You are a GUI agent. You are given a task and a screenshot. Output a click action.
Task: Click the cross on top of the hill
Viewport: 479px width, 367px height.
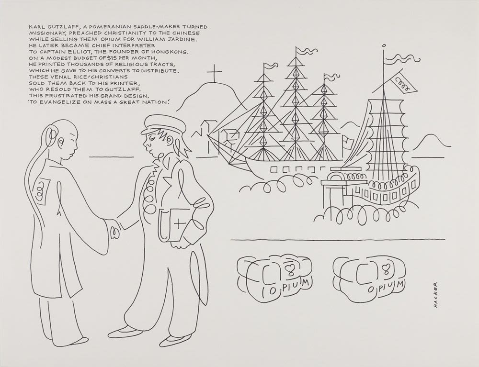pos(214,75)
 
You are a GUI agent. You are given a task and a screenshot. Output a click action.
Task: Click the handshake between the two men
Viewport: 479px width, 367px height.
pos(113,229)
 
